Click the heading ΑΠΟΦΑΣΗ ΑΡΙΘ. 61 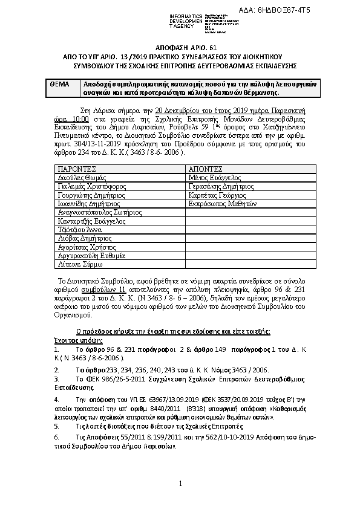[180, 47]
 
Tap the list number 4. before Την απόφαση [57, 400]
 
